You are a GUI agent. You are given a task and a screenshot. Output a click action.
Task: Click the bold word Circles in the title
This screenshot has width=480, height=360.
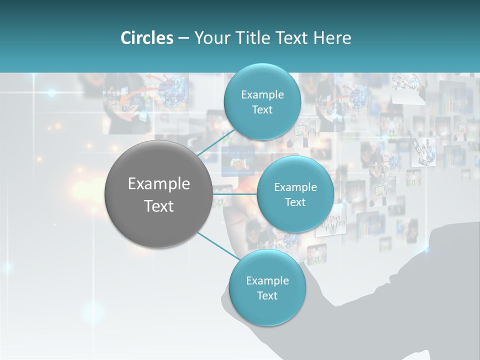click(147, 38)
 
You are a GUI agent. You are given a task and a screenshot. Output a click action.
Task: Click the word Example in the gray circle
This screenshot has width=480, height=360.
click(159, 184)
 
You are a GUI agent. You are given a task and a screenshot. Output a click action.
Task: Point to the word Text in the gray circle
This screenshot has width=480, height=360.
click(159, 206)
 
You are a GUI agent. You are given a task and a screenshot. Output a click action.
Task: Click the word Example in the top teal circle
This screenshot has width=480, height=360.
click(262, 95)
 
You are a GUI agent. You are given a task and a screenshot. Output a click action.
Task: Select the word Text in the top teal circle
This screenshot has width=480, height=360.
click(262, 110)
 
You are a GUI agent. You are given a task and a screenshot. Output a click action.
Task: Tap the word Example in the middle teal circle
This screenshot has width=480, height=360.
click(295, 187)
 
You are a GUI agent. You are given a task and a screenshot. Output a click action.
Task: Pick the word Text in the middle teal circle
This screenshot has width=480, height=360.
click(295, 202)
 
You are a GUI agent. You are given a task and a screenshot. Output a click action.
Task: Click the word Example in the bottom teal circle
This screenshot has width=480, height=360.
click(267, 281)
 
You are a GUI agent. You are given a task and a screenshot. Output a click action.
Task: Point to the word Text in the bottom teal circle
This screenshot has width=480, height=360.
click(267, 296)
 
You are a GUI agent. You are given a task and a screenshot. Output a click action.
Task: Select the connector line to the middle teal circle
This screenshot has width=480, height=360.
click(235, 194)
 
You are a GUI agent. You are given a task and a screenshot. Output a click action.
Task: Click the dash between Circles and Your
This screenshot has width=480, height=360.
click(183, 38)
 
